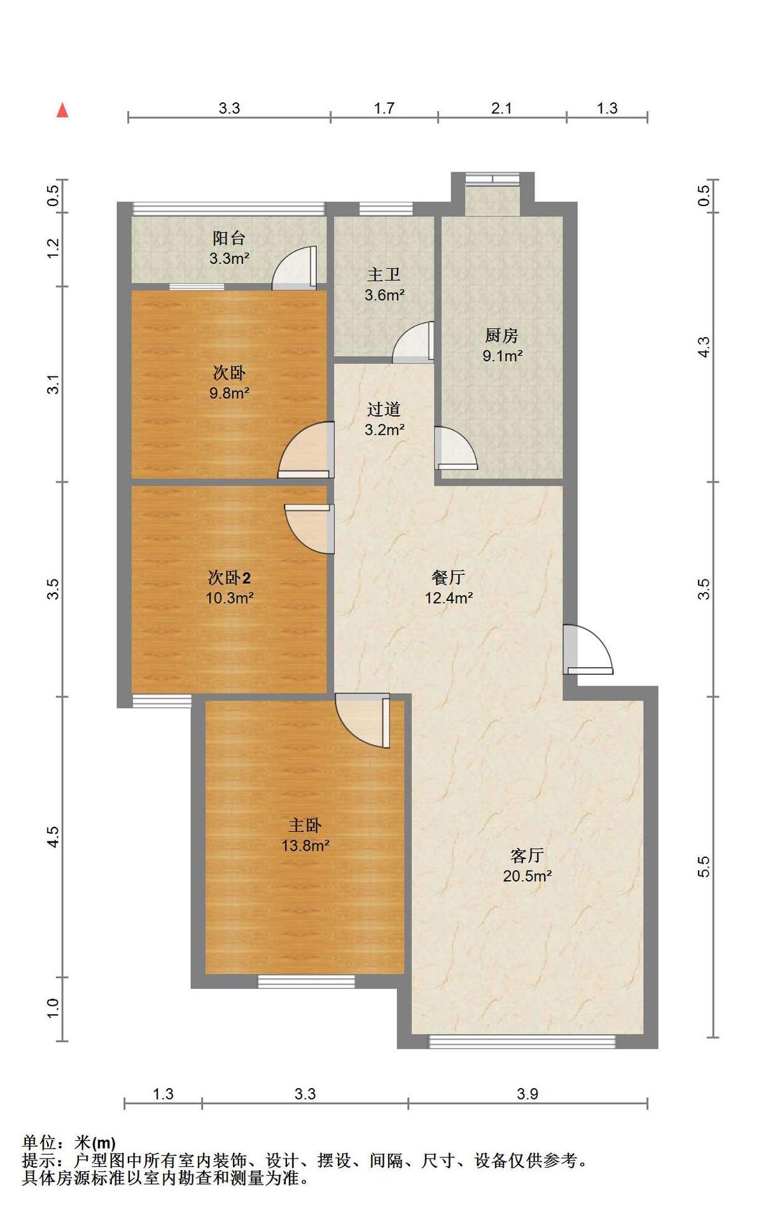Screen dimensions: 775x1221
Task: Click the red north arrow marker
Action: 62,111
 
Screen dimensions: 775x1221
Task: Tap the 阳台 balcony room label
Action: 229,238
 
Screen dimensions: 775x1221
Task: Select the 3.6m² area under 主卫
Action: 385,295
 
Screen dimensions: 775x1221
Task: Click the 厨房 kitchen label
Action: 501,335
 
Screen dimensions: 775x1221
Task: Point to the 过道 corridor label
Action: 384,409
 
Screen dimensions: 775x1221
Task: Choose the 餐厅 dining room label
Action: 449,577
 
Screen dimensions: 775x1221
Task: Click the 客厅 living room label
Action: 527,855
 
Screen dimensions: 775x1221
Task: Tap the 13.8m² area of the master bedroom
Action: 305,846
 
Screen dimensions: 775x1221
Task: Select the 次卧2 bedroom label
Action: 229,577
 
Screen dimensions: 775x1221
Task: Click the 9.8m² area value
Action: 229,393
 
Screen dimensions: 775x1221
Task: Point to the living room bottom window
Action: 522,1042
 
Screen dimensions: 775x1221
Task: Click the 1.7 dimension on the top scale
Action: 384,108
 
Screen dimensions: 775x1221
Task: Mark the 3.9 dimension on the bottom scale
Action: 527,1094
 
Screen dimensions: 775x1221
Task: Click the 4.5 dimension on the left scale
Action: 53,836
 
